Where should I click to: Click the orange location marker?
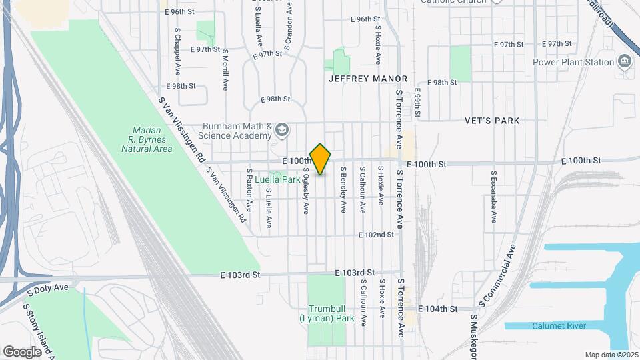(321, 159)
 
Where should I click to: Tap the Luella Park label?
(277, 179)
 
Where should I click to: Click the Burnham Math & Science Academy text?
(237, 131)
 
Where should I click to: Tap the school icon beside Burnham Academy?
(282, 129)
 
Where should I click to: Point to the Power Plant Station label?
(573, 63)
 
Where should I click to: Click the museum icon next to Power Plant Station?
(625, 62)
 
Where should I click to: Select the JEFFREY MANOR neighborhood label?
(368, 79)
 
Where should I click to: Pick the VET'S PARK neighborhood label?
(492, 121)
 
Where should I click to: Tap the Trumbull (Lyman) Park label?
(331, 314)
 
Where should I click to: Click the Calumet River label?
(559, 325)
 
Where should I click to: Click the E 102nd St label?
(377, 235)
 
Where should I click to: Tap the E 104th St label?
(438, 309)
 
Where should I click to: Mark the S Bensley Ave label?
(343, 190)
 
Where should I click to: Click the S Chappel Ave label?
(178, 51)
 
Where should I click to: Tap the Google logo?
(22, 351)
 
